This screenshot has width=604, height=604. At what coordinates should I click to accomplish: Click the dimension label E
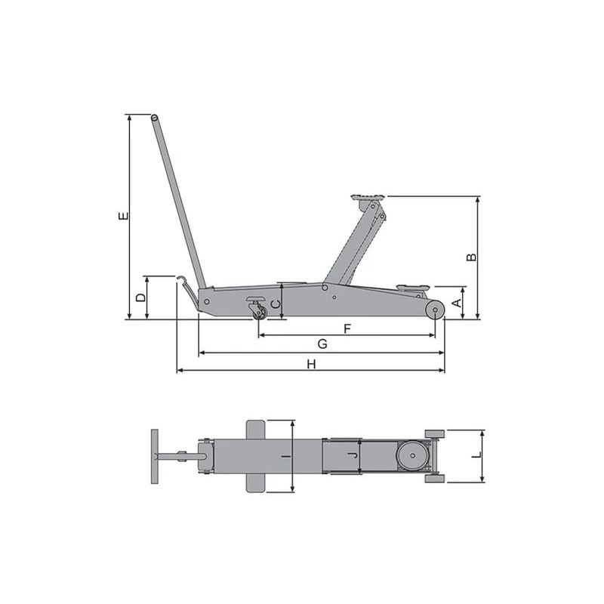123,216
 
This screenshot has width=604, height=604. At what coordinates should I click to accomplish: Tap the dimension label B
471,257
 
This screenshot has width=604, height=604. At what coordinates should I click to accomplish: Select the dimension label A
457,304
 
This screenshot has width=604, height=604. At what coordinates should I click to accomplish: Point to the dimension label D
141,297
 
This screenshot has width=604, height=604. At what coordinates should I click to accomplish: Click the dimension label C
276,304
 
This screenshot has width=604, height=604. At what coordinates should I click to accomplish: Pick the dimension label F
347,329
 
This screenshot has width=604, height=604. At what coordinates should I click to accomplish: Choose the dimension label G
322,344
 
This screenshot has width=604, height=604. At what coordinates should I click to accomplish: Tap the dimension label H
311,364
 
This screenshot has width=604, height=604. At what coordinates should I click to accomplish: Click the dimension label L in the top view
477,455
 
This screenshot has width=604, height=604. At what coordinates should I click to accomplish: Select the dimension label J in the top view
352,456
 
